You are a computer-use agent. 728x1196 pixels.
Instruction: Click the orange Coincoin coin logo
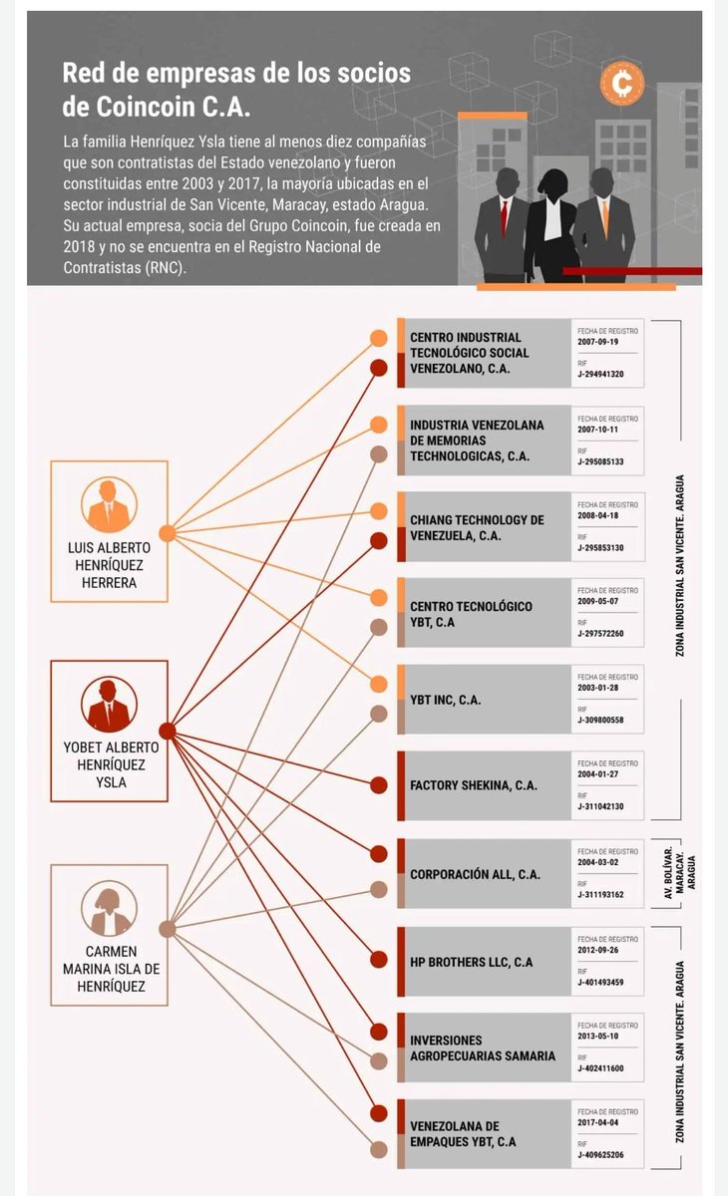tap(621, 84)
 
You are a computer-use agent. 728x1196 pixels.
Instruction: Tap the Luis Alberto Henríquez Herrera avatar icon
tap(109, 504)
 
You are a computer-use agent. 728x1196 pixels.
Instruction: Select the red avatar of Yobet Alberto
tap(109, 705)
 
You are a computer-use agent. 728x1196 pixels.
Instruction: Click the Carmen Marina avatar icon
tap(109, 908)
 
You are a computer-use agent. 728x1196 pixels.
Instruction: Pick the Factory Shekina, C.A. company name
tap(474, 785)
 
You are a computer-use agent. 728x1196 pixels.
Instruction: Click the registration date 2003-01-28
tap(597, 688)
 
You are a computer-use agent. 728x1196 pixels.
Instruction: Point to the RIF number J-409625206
tap(600, 1155)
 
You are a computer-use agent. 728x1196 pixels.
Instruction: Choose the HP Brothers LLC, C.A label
tap(471, 962)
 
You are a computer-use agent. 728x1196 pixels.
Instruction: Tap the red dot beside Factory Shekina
tap(379, 785)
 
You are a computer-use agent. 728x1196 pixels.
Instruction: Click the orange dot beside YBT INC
tap(379, 684)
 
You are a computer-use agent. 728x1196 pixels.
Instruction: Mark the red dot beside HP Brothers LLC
tap(379, 960)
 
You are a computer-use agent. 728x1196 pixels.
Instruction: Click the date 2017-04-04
tap(597, 1122)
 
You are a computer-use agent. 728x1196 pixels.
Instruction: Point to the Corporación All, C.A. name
tap(475, 875)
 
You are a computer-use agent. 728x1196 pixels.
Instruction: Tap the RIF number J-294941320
tap(600, 375)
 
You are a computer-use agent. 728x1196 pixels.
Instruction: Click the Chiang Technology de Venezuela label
tap(477, 528)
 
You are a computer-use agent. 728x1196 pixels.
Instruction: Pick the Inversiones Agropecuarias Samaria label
tap(483, 1048)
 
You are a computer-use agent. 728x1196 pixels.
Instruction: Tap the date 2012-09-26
tap(597, 950)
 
